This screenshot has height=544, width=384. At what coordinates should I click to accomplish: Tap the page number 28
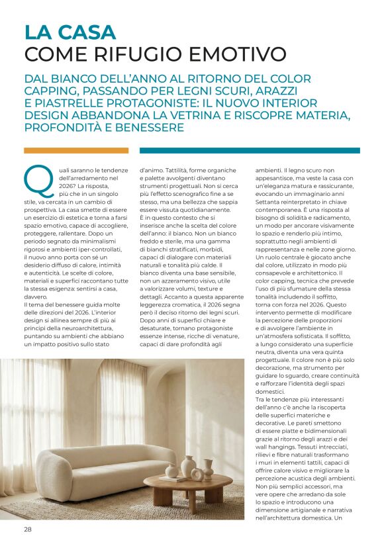coord(28,529)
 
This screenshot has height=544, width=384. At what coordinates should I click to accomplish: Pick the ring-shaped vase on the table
coord(197,474)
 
